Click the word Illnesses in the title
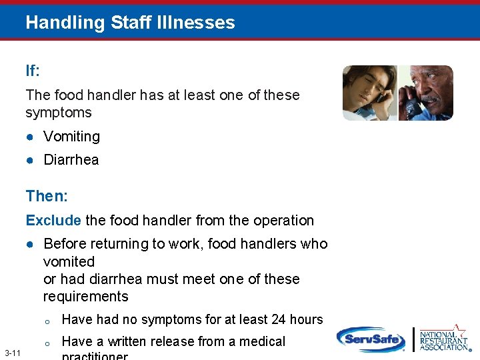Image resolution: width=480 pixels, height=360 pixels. point(201,23)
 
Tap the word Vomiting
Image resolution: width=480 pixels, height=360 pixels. point(71,137)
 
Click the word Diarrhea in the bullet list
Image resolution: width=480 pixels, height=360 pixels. point(71,160)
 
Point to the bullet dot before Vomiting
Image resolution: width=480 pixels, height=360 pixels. point(31,137)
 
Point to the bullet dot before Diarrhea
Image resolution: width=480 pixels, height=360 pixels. point(31,160)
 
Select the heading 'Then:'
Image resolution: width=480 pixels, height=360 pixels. point(43,196)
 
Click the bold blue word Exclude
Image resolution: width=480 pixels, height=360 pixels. point(53,221)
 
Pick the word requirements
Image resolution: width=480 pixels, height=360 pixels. point(85,297)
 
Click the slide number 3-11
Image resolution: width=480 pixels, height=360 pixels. point(12,353)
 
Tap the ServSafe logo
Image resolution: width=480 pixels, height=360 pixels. point(371,339)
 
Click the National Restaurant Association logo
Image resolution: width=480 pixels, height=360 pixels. point(445,339)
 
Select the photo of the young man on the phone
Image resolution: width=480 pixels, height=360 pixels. point(369,93)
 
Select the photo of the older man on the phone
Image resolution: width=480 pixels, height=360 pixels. point(426,93)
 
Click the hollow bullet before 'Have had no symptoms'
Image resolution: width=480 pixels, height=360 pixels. point(47,321)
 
